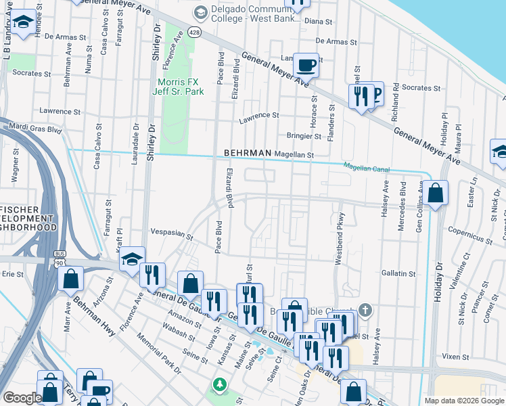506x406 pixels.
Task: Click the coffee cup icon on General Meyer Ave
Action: [x=306, y=65]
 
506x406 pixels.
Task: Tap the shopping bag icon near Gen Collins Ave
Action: [x=436, y=193]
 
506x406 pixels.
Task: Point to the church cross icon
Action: [x=365, y=311]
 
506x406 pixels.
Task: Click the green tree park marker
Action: [x=219, y=385]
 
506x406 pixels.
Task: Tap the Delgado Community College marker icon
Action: [x=200, y=12]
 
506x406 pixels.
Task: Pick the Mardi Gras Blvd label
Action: [x=34, y=127]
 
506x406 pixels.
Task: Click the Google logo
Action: [x=22, y=398]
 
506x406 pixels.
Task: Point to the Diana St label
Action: [x=321, y=21]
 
